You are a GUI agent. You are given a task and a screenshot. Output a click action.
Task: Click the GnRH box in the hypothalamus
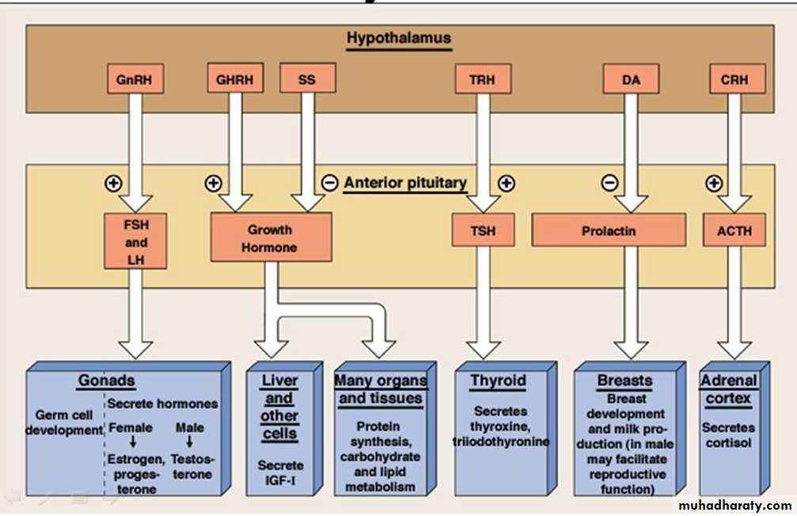click(135, 79)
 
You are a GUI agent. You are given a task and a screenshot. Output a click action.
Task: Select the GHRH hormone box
click(234, 79)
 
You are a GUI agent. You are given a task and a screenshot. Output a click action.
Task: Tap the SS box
click(307, 79)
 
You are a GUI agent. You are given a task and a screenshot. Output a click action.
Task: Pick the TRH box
click(483, 79)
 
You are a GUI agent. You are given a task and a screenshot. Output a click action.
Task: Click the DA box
click(631, 79)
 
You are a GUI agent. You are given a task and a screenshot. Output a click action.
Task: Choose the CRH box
click(734, 79)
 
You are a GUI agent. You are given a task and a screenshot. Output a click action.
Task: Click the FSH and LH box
click(135, 242)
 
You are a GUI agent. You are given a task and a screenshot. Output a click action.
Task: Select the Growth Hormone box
click(271, 237)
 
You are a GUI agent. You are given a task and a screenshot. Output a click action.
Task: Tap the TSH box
click(483, 231)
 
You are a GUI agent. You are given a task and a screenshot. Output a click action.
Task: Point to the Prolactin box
click(609, 231)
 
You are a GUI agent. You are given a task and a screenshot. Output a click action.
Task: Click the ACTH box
click(734, 231)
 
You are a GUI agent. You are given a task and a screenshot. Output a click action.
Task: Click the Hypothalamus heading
click(399, 37)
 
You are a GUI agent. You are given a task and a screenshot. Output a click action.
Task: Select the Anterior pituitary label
click(405, 183)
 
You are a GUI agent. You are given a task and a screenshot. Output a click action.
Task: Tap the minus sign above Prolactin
click(609, 183)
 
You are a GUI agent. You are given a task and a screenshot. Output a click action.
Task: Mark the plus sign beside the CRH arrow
click(713, 183)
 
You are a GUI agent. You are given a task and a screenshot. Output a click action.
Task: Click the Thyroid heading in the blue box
click(498, 381)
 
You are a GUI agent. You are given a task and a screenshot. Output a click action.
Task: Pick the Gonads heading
click(106, 381)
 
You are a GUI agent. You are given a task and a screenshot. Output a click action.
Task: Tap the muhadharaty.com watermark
click(734, 505)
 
